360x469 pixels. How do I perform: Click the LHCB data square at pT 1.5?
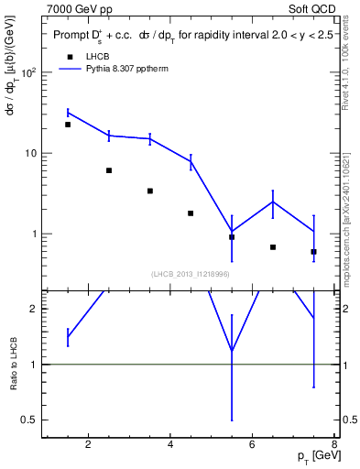pos(68,125)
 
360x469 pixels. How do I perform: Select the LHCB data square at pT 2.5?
pos(109,170)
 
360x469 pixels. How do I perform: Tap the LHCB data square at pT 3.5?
pos(150,191)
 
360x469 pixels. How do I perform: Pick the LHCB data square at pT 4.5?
pos(191,213)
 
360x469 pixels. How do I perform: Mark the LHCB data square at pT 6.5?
pos(273,247)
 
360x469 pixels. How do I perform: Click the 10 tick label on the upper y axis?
pos(31,153)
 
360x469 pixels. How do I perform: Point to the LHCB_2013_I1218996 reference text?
pos(191,273)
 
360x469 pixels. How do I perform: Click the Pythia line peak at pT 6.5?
pos(273,202)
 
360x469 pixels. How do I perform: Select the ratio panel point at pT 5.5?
pos(232,351)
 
